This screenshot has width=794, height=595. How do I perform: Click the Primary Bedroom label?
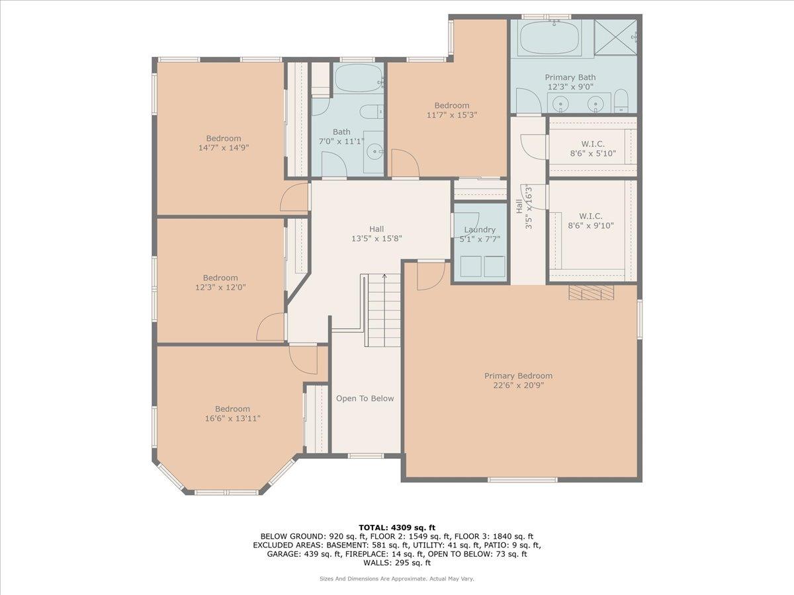[x=518, y=376]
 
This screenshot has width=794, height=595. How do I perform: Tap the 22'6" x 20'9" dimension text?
[x=518, y=385]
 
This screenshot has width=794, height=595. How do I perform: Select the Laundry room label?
[x=480, y=229]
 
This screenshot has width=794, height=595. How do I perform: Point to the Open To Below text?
[x=365, y=399]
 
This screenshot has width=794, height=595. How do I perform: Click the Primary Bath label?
[x=570, y=77]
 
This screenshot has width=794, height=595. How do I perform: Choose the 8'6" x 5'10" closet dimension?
[x=593, y=153]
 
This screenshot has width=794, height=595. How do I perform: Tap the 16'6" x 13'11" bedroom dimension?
[x=233, y=418]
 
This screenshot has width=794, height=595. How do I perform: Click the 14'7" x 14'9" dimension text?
[x=224, y=147]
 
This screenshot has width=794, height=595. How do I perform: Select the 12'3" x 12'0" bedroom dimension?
[x=220, y=287]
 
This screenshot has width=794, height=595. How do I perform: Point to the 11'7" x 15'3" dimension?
[x=452, y=115]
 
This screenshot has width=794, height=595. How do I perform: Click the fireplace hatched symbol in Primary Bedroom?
[x=591, y=292]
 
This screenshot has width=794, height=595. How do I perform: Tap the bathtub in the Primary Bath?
[x=549, y=38]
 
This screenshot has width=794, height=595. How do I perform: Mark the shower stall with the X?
[x=615, y=38]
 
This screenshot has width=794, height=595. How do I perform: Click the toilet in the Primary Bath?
[x=621, y=100]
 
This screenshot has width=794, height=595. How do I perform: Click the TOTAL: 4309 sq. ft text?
[x=397, y=528]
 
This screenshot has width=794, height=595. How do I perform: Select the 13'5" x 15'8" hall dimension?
[x=376, y=239]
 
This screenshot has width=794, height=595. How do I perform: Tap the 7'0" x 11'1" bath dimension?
[x=341, y=141]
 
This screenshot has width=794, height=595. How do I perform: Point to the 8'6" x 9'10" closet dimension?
[x=591, y=225]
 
